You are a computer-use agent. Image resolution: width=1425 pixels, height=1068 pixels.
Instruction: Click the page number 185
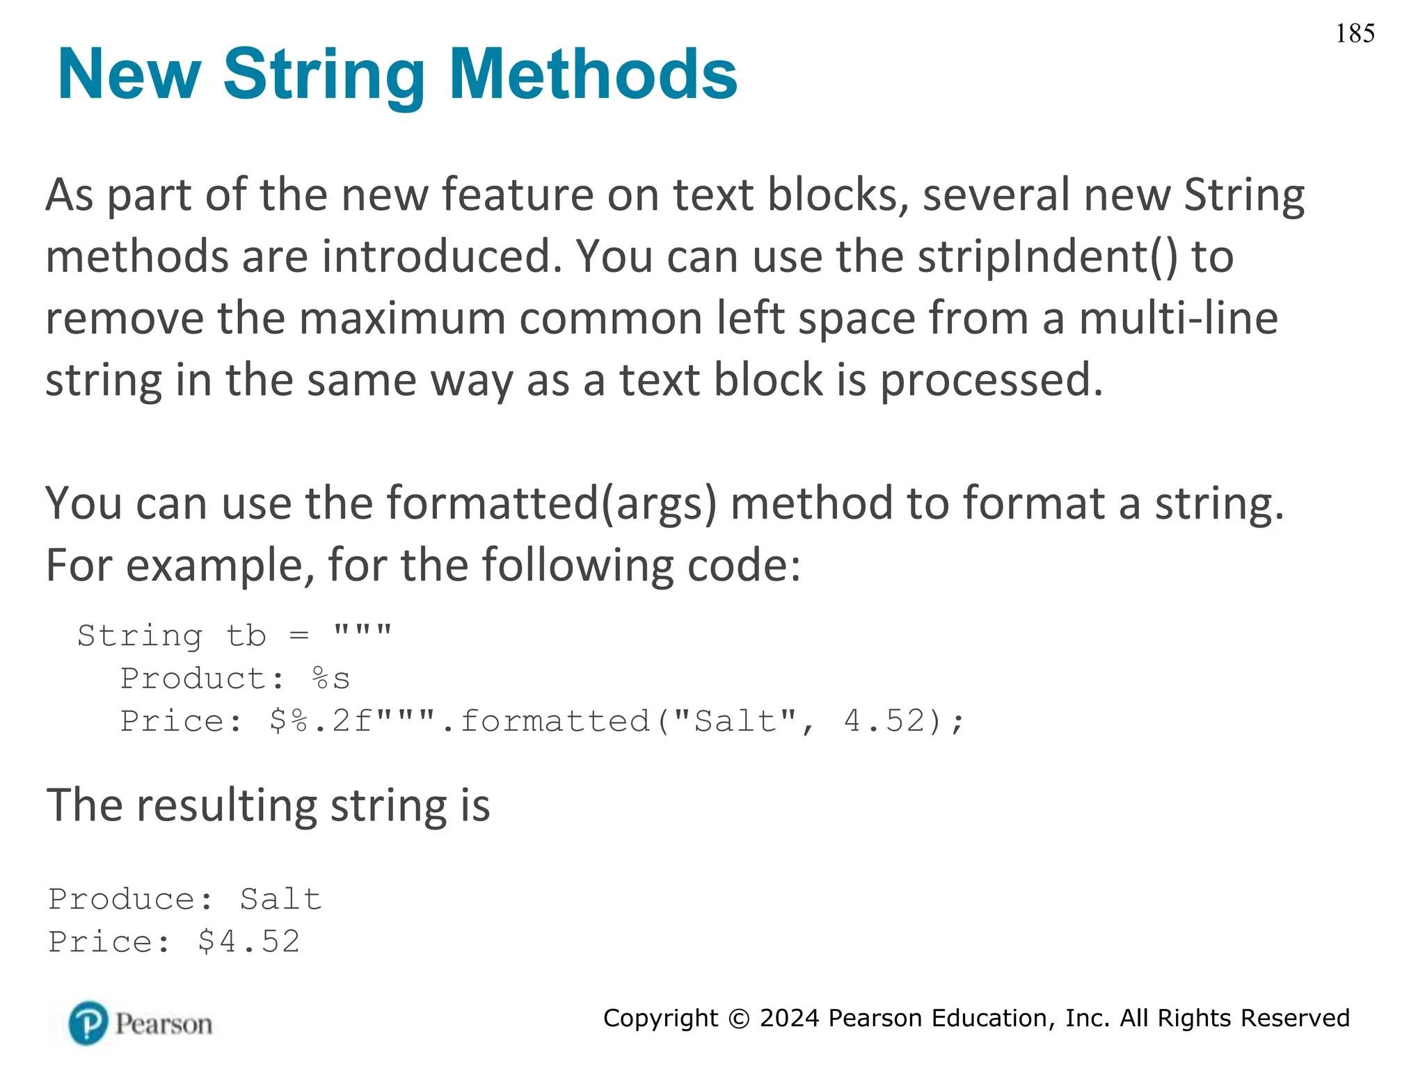click(1354, 33)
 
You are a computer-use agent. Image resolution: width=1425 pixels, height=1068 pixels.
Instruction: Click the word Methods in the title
click(593, 74)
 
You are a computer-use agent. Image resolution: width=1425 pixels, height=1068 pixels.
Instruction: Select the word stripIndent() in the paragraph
click(1047, 257)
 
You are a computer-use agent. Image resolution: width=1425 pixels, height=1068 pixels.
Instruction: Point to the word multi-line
click(1178, 318)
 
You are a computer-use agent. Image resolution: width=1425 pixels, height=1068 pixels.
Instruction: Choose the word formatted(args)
click(551, 503)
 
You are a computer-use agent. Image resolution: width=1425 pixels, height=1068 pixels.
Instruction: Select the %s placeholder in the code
click(331, 679)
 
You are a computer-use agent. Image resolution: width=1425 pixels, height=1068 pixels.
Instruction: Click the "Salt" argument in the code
click(735, 721)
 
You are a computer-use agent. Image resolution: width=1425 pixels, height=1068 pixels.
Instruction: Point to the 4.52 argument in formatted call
click(884, 721)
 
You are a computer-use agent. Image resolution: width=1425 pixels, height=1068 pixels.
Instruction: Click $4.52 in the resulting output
click(248, 942)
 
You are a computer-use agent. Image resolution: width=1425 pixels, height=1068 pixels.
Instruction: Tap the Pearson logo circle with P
click(88, 1023)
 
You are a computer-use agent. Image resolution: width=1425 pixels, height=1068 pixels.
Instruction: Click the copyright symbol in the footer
click(739, 1019)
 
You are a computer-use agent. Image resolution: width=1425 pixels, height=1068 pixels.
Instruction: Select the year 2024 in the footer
click(789, 1018)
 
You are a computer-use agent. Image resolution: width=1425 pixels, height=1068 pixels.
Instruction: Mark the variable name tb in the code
click(246, 636)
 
